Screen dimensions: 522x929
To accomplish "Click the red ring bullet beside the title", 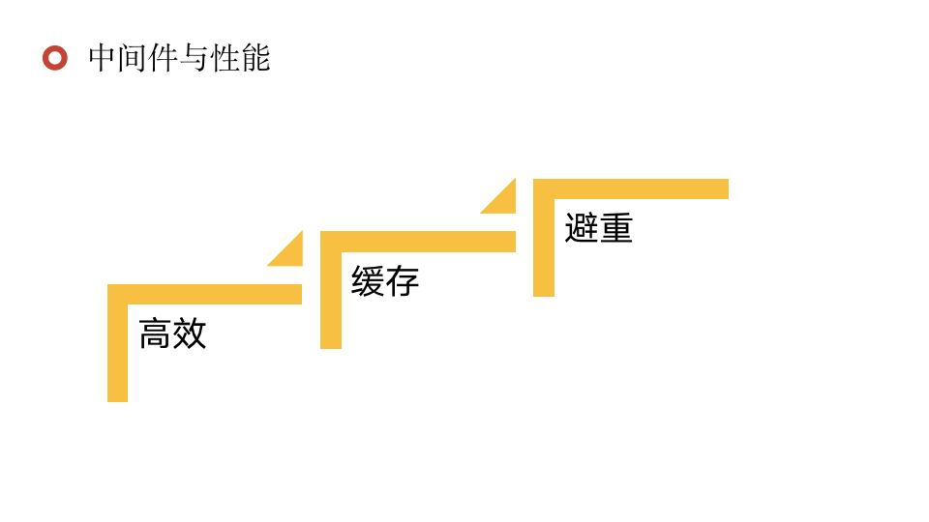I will point(55,58).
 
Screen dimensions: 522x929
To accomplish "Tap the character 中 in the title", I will point(103,58).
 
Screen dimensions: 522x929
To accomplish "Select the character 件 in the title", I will point(164,58).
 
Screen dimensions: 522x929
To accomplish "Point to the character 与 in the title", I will point(195,58).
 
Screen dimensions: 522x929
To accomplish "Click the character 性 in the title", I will point(225,58).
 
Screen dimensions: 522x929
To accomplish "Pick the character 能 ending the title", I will point(255,58).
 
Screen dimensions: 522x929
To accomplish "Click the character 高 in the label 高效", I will point(156,333).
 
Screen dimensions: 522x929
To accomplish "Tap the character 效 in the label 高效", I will point(191,333).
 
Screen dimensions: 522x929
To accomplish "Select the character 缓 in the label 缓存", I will point(368,281).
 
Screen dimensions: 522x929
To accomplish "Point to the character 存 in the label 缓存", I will point(403,281).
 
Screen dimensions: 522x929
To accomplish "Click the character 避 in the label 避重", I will point(581,228).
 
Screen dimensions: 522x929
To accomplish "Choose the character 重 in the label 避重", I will point(615,228).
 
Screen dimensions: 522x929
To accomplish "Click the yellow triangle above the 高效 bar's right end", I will point(291,253).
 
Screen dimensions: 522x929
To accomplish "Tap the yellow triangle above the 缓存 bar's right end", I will point(504,201).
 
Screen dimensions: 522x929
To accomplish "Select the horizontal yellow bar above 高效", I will point(214,294).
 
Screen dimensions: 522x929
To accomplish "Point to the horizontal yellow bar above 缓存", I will point(427,242).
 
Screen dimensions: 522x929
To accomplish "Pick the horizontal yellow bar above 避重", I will point(640,188).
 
